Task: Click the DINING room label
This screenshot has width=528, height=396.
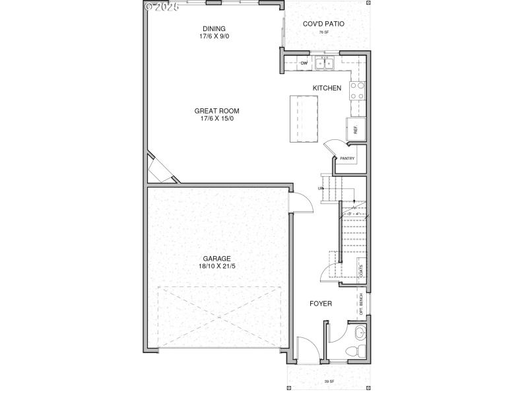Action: tap(214, 28)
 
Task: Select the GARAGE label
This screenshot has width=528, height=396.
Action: tap(216, 258)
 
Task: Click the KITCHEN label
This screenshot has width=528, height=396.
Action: tap(327, 88)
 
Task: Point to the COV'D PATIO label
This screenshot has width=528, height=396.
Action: tap(323, 24)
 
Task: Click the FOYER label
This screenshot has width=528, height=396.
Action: tap(321, 304)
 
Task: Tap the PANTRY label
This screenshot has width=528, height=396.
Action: tap(347, 158)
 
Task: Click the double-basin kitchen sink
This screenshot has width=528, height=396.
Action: tap(325, 63)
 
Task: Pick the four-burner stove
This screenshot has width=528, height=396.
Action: tap(357, 90)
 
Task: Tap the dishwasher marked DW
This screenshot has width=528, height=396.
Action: tap(304, 63)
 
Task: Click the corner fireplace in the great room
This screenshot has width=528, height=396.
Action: tap(160, 170)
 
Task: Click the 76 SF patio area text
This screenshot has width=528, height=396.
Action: tap(323, 32)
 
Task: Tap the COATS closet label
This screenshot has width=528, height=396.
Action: tap(360, 271)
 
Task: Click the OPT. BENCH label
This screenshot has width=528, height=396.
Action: tap(362, 304)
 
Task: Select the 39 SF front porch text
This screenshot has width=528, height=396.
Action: tap(327, 381)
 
